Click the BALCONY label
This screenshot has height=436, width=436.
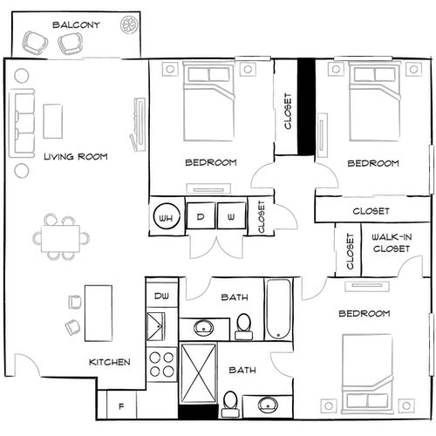[x=75, y=24]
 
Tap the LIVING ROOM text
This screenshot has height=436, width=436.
[x=75, y=157]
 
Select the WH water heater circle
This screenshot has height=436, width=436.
[x=167, y=215]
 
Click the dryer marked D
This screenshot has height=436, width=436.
[x=200, y=215]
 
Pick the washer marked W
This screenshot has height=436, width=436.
[x=231, y=215]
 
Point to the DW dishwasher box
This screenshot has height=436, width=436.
[x=161, y=296]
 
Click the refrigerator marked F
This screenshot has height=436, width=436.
[x=120, y=405]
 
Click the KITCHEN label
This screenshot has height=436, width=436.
[x=110, y=362]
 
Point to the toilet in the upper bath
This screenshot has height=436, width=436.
[x=244, y=325]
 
